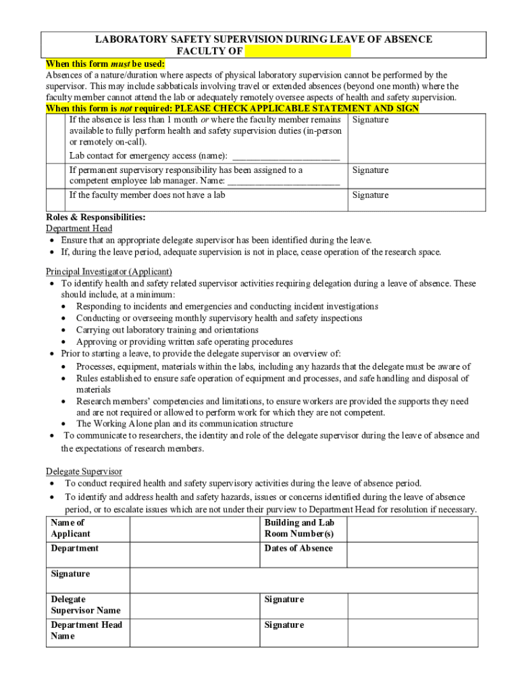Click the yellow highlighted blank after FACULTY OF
(298, 51)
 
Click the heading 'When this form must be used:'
(105, 64)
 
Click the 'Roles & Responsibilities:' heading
(95, 217)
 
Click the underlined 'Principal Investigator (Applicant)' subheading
(109, 271)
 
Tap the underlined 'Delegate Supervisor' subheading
(84, 471)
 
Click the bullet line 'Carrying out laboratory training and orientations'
(167, 330)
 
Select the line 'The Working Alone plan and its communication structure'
(184, 424)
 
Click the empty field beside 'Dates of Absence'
(412, 553)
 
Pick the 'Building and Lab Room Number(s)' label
(299, 528)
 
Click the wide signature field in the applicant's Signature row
(303, 579)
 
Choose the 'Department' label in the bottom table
(74, 548)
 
